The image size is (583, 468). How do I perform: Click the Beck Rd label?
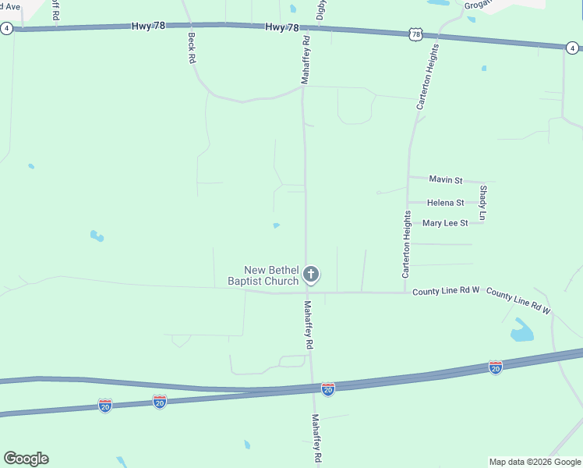(x=191, y=48)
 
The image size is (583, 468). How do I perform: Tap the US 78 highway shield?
(x=415, y=34)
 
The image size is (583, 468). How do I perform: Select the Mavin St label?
(x=446, y=179)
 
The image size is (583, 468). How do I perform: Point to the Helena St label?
(x=446, y=203)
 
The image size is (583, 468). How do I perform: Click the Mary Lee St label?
(x=445, y=223)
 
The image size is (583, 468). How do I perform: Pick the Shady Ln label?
(x=483, y=202)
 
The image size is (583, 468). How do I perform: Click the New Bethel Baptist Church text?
(x=263, y=275)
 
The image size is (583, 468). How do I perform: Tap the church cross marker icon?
(x=311, y=274)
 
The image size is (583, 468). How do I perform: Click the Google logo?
(x=26, y=459)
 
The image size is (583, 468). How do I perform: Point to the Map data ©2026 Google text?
(x=535, y=462)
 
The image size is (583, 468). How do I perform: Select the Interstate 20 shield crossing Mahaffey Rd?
(x=328, y=388)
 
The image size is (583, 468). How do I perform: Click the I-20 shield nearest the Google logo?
(x=105, y=405)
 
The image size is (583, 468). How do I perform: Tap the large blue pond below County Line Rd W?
(x=521, y=332)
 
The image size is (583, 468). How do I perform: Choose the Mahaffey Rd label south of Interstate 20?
(x=316, y=440)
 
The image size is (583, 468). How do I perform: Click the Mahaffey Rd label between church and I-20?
(x=309, y=324)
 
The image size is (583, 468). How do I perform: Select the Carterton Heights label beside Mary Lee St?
(x=406, y=244)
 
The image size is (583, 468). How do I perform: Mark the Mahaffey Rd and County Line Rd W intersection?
(x=306, y=292)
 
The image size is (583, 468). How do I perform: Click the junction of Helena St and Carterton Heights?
(x=408, y=203)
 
